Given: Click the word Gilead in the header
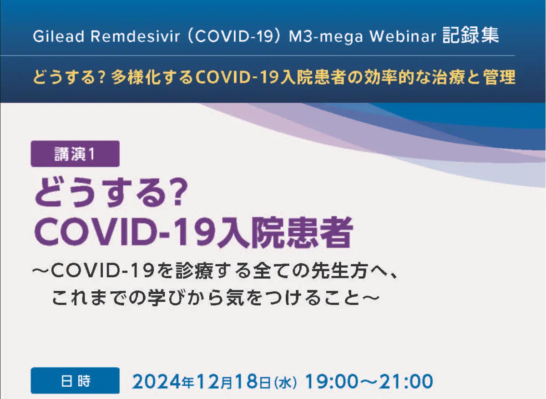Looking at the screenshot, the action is tap(59, 36).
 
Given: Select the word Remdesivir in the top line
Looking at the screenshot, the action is tap(135, 36).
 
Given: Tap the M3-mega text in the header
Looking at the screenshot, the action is tap(326, 37).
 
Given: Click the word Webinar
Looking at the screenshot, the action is tap(403, 36).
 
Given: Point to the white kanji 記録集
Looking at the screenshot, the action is tap(470, 35).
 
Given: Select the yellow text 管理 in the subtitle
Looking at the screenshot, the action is tap(500, 77).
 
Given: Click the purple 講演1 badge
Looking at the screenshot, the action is tap(75, 154).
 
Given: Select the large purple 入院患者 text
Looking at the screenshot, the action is tap(284, 232).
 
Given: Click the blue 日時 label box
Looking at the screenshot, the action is tap(75, 381).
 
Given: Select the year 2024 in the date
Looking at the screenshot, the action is tap(157, 381).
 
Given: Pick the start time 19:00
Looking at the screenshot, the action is tap(332, 381).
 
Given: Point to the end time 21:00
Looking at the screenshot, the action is tap(405, 381).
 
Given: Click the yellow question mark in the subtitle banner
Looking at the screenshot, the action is tap(103, 77).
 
